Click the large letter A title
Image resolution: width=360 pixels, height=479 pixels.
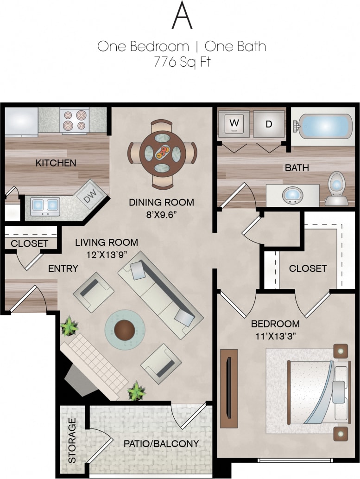182,16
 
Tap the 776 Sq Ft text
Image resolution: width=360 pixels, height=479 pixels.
182,62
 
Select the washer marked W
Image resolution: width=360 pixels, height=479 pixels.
234,123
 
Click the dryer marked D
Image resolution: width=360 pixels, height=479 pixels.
269,124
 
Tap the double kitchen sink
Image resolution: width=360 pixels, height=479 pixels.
45,204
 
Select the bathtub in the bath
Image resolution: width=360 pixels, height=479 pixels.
322,126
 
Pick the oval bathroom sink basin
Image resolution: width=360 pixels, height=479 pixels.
291,195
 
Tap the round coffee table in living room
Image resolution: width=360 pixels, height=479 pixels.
125,330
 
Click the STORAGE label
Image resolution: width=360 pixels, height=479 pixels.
72,440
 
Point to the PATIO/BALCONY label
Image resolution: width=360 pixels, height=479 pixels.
161,443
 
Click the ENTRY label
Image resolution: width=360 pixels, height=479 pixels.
63,268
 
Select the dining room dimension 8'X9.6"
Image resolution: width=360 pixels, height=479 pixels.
161,215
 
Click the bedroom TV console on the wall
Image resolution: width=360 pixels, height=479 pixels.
229,388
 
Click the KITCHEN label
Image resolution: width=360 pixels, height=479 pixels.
56,163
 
